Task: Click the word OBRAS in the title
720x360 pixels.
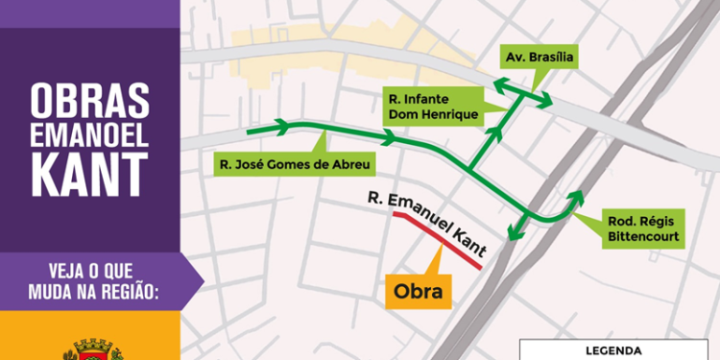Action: coord(90,100)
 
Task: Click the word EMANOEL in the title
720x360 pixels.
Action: coord(90,135)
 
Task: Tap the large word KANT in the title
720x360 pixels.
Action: coord(90,174)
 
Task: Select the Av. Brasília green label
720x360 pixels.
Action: coord(540,57)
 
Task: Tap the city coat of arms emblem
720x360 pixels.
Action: coord(91,348)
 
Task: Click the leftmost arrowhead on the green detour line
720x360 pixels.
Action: coord(284,126)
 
